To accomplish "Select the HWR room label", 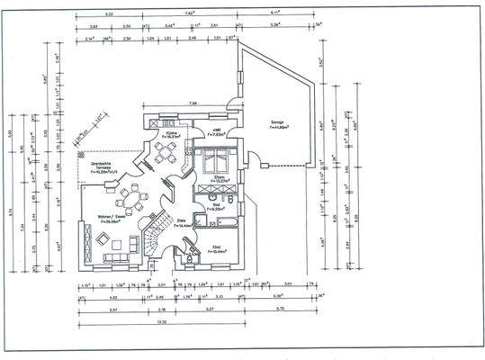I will [x=217, y=131].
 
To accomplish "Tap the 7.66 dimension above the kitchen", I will [x=193, y=103].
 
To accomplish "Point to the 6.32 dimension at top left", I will [x=109, y=15].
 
